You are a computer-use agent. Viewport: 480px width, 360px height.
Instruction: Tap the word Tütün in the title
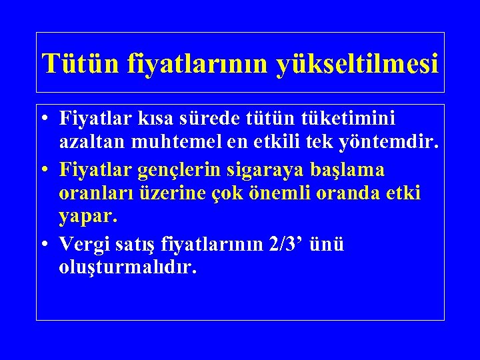69,64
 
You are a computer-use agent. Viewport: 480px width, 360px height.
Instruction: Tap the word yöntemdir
391,141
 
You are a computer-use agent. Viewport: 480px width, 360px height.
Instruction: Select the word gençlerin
180,170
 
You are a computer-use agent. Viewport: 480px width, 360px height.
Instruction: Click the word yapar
87,217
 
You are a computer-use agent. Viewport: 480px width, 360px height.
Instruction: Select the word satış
136,245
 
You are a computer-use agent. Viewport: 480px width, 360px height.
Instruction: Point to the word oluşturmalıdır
128,268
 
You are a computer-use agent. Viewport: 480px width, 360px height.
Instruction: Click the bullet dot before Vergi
43,245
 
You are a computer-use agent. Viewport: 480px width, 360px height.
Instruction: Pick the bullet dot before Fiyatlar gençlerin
43,170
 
